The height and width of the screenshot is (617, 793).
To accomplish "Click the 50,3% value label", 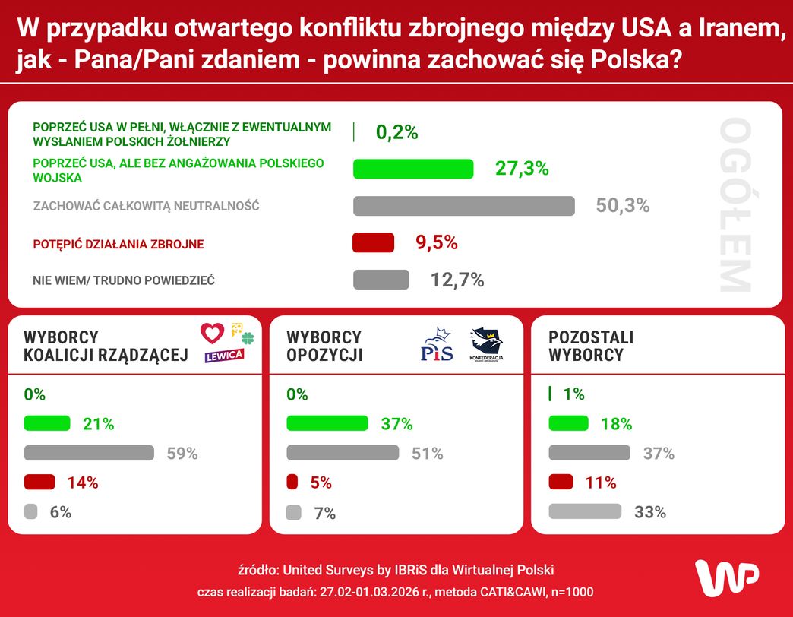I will click(623, 206).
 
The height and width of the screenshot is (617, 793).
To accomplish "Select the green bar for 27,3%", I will click(413, 169).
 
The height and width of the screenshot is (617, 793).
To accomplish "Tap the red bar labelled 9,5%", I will click(374, 242).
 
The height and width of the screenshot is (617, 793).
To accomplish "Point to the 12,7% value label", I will click(457, 280).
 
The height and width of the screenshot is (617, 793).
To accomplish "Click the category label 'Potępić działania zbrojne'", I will click(118, 245).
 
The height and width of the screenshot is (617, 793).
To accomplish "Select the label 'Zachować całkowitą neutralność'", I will click(147, 206).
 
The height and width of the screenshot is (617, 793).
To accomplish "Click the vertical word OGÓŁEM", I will click(735, 205).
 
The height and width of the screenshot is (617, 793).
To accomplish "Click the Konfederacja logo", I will click(487, 345).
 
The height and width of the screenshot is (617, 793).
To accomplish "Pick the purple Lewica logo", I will click(224, 355).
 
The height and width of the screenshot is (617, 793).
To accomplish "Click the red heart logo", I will click(213, 333).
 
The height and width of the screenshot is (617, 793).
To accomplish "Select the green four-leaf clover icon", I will click(248, 338).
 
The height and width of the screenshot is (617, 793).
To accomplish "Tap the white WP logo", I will click(727, 577).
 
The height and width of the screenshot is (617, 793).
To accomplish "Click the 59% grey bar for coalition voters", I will click(89, 454).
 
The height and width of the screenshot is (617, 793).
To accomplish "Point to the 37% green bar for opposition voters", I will click(327, 424).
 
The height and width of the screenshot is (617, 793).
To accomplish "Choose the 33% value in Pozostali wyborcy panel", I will click(650, 512).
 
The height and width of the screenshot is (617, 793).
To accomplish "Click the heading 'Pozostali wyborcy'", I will click(591, 346).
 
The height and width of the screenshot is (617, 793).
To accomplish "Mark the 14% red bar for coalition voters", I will click(39, 483).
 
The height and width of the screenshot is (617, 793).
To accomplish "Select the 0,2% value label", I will click(397, 132).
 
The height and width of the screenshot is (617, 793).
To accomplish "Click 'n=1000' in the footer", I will click(569, 592).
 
